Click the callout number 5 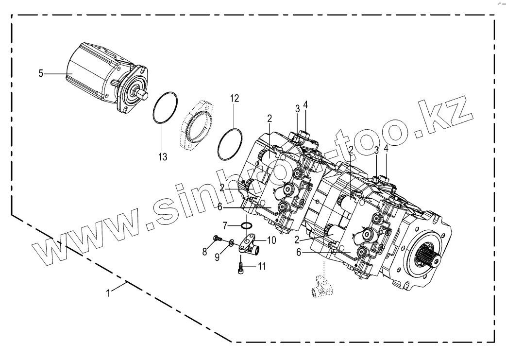coord(41,74)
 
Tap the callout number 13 coord(163,157)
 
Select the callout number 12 coord(235,99)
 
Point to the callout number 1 coord(108,293)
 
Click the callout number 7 coord(225,225)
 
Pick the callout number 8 coord(204,252)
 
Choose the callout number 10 coord(271,240)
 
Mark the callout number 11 coord(261,266)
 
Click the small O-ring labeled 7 coord(247,225)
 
